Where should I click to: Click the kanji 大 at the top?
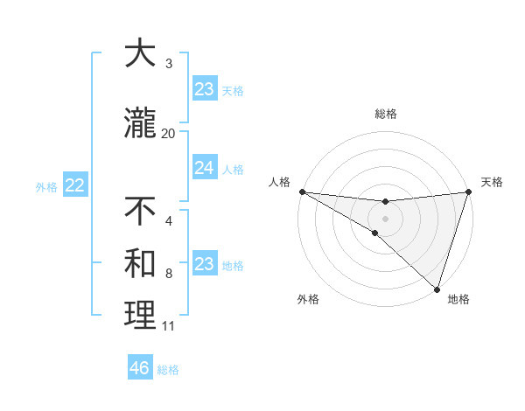[x=141, y=53]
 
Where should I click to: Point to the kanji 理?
[x=141, y=316]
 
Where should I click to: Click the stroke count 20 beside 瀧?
[x=169, y=133]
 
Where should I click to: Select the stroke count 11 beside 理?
[x=169, y=326]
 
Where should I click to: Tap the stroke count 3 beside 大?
[x=169, y=63]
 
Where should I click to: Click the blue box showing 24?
[x=204, y=168]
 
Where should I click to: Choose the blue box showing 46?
[x=140, y=368]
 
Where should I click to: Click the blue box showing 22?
[x=74, y=185]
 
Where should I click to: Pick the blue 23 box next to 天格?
[x=204, y=89]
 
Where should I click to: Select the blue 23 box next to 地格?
[x=204, y=264]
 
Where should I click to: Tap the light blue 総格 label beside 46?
[x=168, y=370]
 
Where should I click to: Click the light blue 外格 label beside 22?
[x=46, y=186]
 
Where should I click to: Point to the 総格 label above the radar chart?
[x=385, y=114]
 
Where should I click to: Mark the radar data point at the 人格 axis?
[x=301, y=192]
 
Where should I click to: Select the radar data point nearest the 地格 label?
[x=437, y=288]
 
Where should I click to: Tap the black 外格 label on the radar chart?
[x=308, y=300]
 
